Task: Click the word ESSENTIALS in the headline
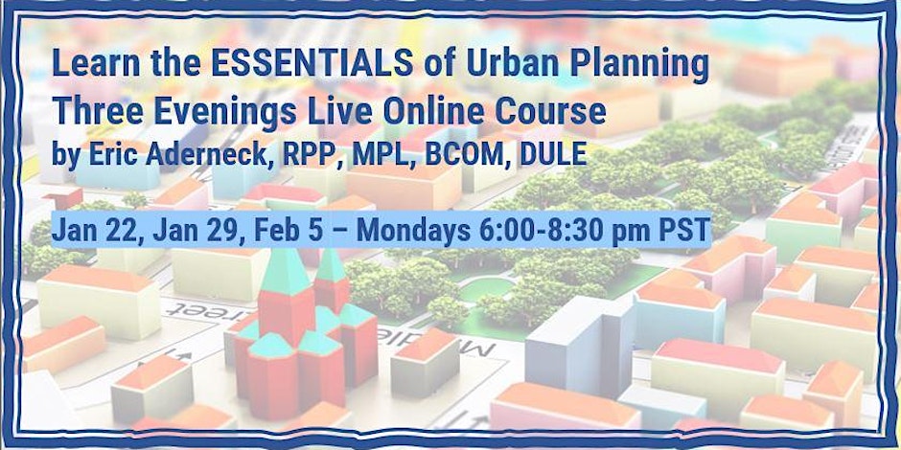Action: click(312, 64)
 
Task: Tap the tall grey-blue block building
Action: click(580, 348)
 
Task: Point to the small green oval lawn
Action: click(486, 289)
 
